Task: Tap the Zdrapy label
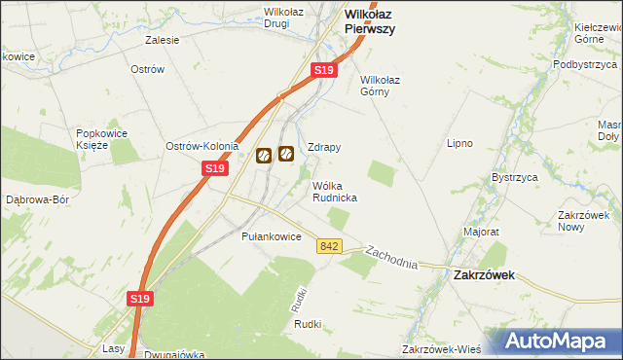323,147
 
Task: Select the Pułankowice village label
270,236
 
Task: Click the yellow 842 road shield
328,247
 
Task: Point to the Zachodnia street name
391,258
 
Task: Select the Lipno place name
459,143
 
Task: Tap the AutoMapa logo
558,341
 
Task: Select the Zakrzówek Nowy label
583,220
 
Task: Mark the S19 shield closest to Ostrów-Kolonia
215,168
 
